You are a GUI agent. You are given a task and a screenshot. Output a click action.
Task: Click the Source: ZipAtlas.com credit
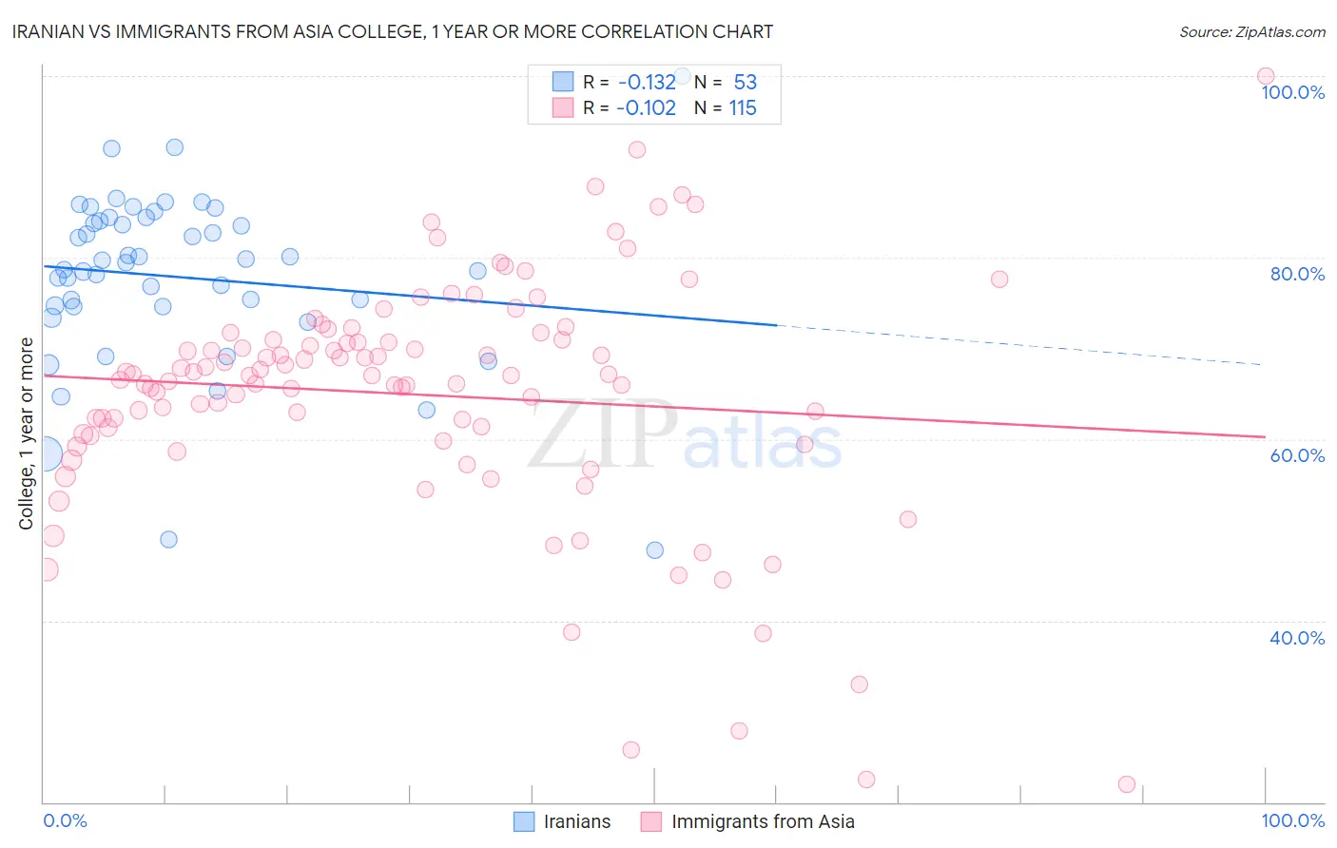coord(1251,31)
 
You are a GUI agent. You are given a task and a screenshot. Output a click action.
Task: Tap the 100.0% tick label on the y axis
coord(1292,92)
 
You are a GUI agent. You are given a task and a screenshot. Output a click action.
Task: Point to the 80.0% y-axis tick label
coord(1297,274)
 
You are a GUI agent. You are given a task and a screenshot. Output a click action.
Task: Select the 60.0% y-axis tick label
coord(1297,455)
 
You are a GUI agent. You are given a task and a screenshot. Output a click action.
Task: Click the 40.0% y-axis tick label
coord(1297,638)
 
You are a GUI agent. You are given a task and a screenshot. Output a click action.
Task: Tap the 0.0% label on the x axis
coord(65,820)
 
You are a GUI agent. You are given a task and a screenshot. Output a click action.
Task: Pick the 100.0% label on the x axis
coord(1292,820)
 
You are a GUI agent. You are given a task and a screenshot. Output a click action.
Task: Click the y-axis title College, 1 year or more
coord(27,434)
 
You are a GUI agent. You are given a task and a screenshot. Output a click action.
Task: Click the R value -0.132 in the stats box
coord(646,82)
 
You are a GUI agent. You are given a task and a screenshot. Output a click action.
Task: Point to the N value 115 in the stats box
coord(743,107)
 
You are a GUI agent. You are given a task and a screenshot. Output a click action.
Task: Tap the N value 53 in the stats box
coord(745,82)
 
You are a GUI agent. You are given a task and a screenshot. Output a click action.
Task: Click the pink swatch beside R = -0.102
coord(563,107)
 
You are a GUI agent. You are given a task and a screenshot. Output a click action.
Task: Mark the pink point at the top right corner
coord(1265,76)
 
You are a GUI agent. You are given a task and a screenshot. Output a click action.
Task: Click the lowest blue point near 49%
coord(168,539)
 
